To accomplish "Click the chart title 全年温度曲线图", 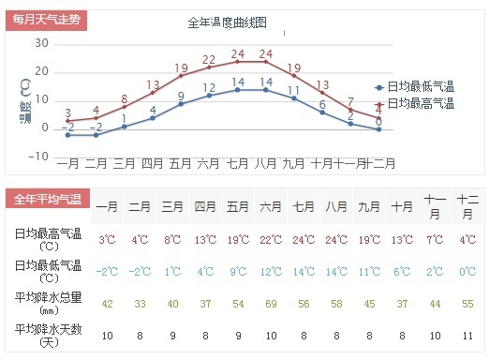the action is (227, 22).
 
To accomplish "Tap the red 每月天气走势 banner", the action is (46, 20).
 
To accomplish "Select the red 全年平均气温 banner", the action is (48, 199).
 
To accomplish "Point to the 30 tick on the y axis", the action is (41, 43).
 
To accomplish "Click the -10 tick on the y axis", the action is (38, 157).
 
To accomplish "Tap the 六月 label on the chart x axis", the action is (208, 163).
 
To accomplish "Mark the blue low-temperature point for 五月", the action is (181, 104).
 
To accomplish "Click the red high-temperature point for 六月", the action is (209, 67).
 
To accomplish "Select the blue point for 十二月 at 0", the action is (378, 129).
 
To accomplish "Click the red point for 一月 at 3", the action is (67, 121).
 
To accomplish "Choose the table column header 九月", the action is (369, 206).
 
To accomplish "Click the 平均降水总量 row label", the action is (49, 303).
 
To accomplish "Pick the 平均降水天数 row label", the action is (49, 336).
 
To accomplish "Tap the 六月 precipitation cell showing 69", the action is (271, 304).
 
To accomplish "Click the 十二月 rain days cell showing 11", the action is (467, 336).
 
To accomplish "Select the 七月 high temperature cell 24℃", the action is (304, 240).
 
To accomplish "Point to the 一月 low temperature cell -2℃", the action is (107, 271).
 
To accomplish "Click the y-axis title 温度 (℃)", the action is (25, 100).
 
